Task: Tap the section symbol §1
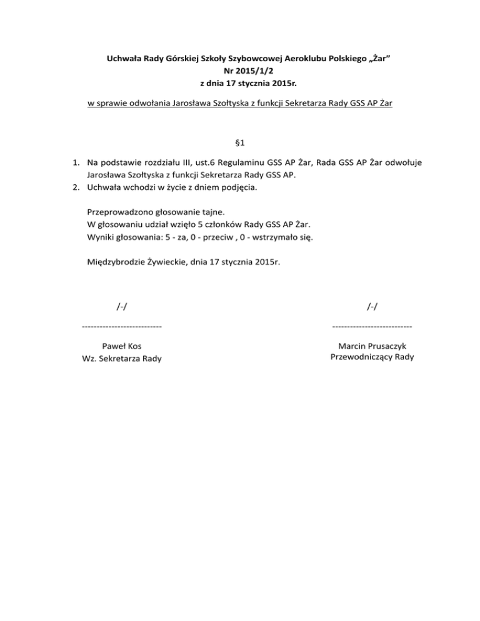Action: point(240,143)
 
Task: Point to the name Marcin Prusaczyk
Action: point(372,345)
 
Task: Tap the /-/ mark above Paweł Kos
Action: point(123,306)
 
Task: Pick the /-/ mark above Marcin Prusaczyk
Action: point(372,306)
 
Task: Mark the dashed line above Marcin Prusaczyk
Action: point(372,326)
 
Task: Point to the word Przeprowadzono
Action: point(122,211)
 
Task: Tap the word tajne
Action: point(214,211)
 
